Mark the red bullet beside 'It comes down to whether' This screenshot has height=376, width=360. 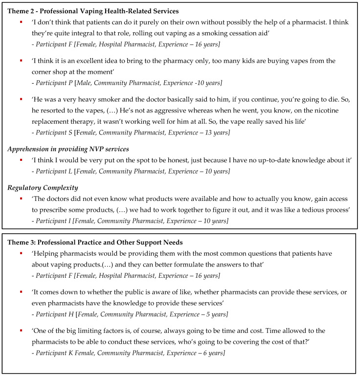tap(21, 291)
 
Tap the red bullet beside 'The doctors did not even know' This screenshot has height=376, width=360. tap(21, 199)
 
